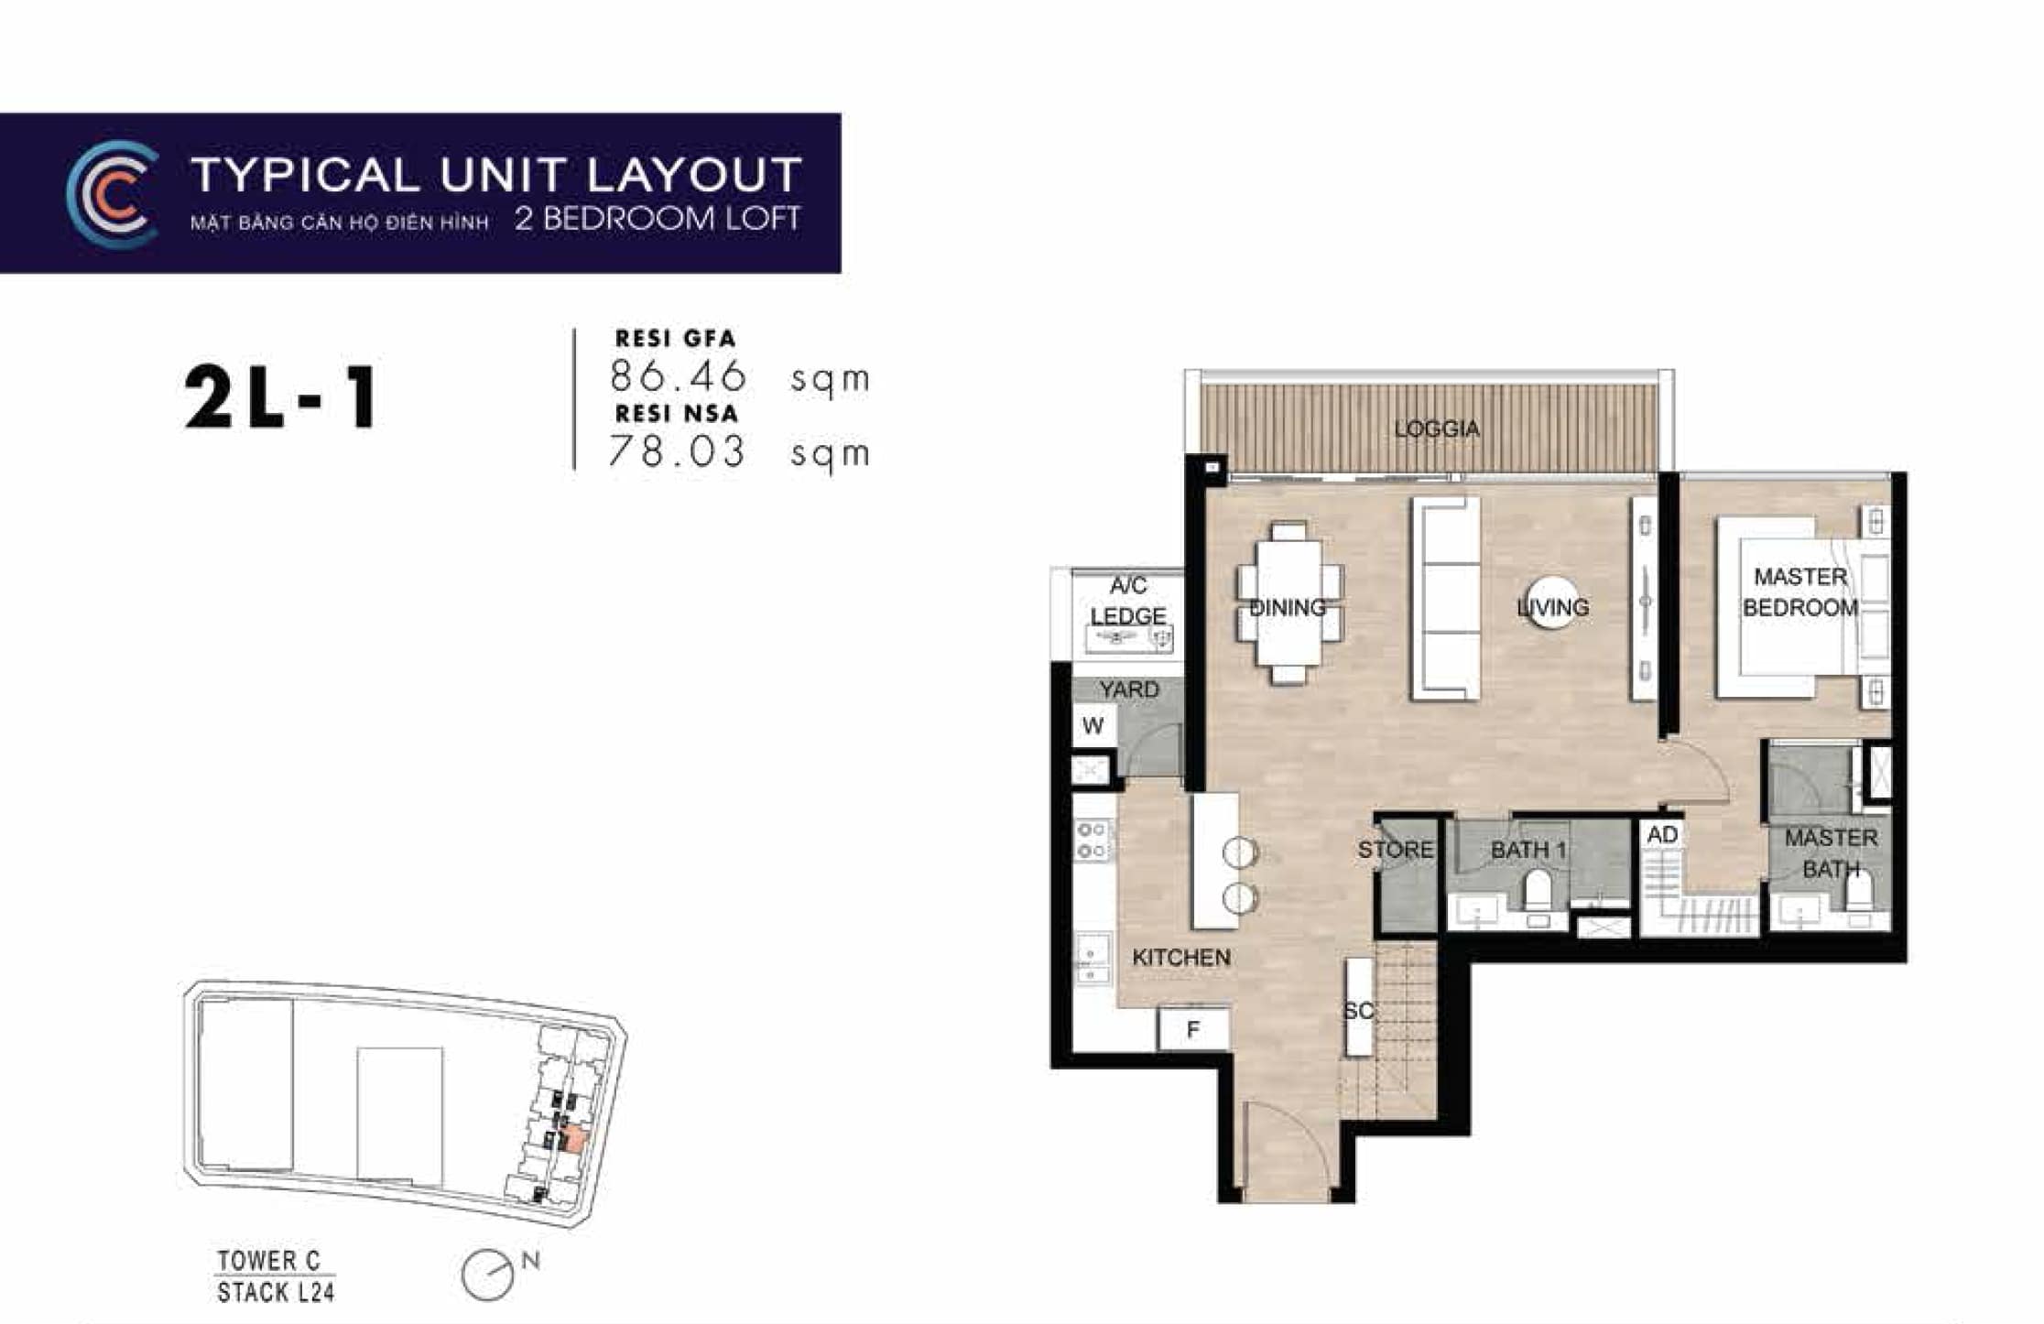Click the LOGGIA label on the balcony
(x=1436, y=429)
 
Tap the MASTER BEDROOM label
(x=1799, y=591)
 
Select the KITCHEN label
(x=1180, y=958)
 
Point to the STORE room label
(x=1395, y=850)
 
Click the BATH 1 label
(x=1528, y=850)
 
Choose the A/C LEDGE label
(x=1127, y=601)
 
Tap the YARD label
(x=1128, y=689)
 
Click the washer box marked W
(x=1093, y=726)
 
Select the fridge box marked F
(x=1192, y=1029)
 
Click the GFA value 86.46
(x=678, y=376)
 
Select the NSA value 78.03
(x=678, y=451)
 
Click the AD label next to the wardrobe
(x=1662, y=835)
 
